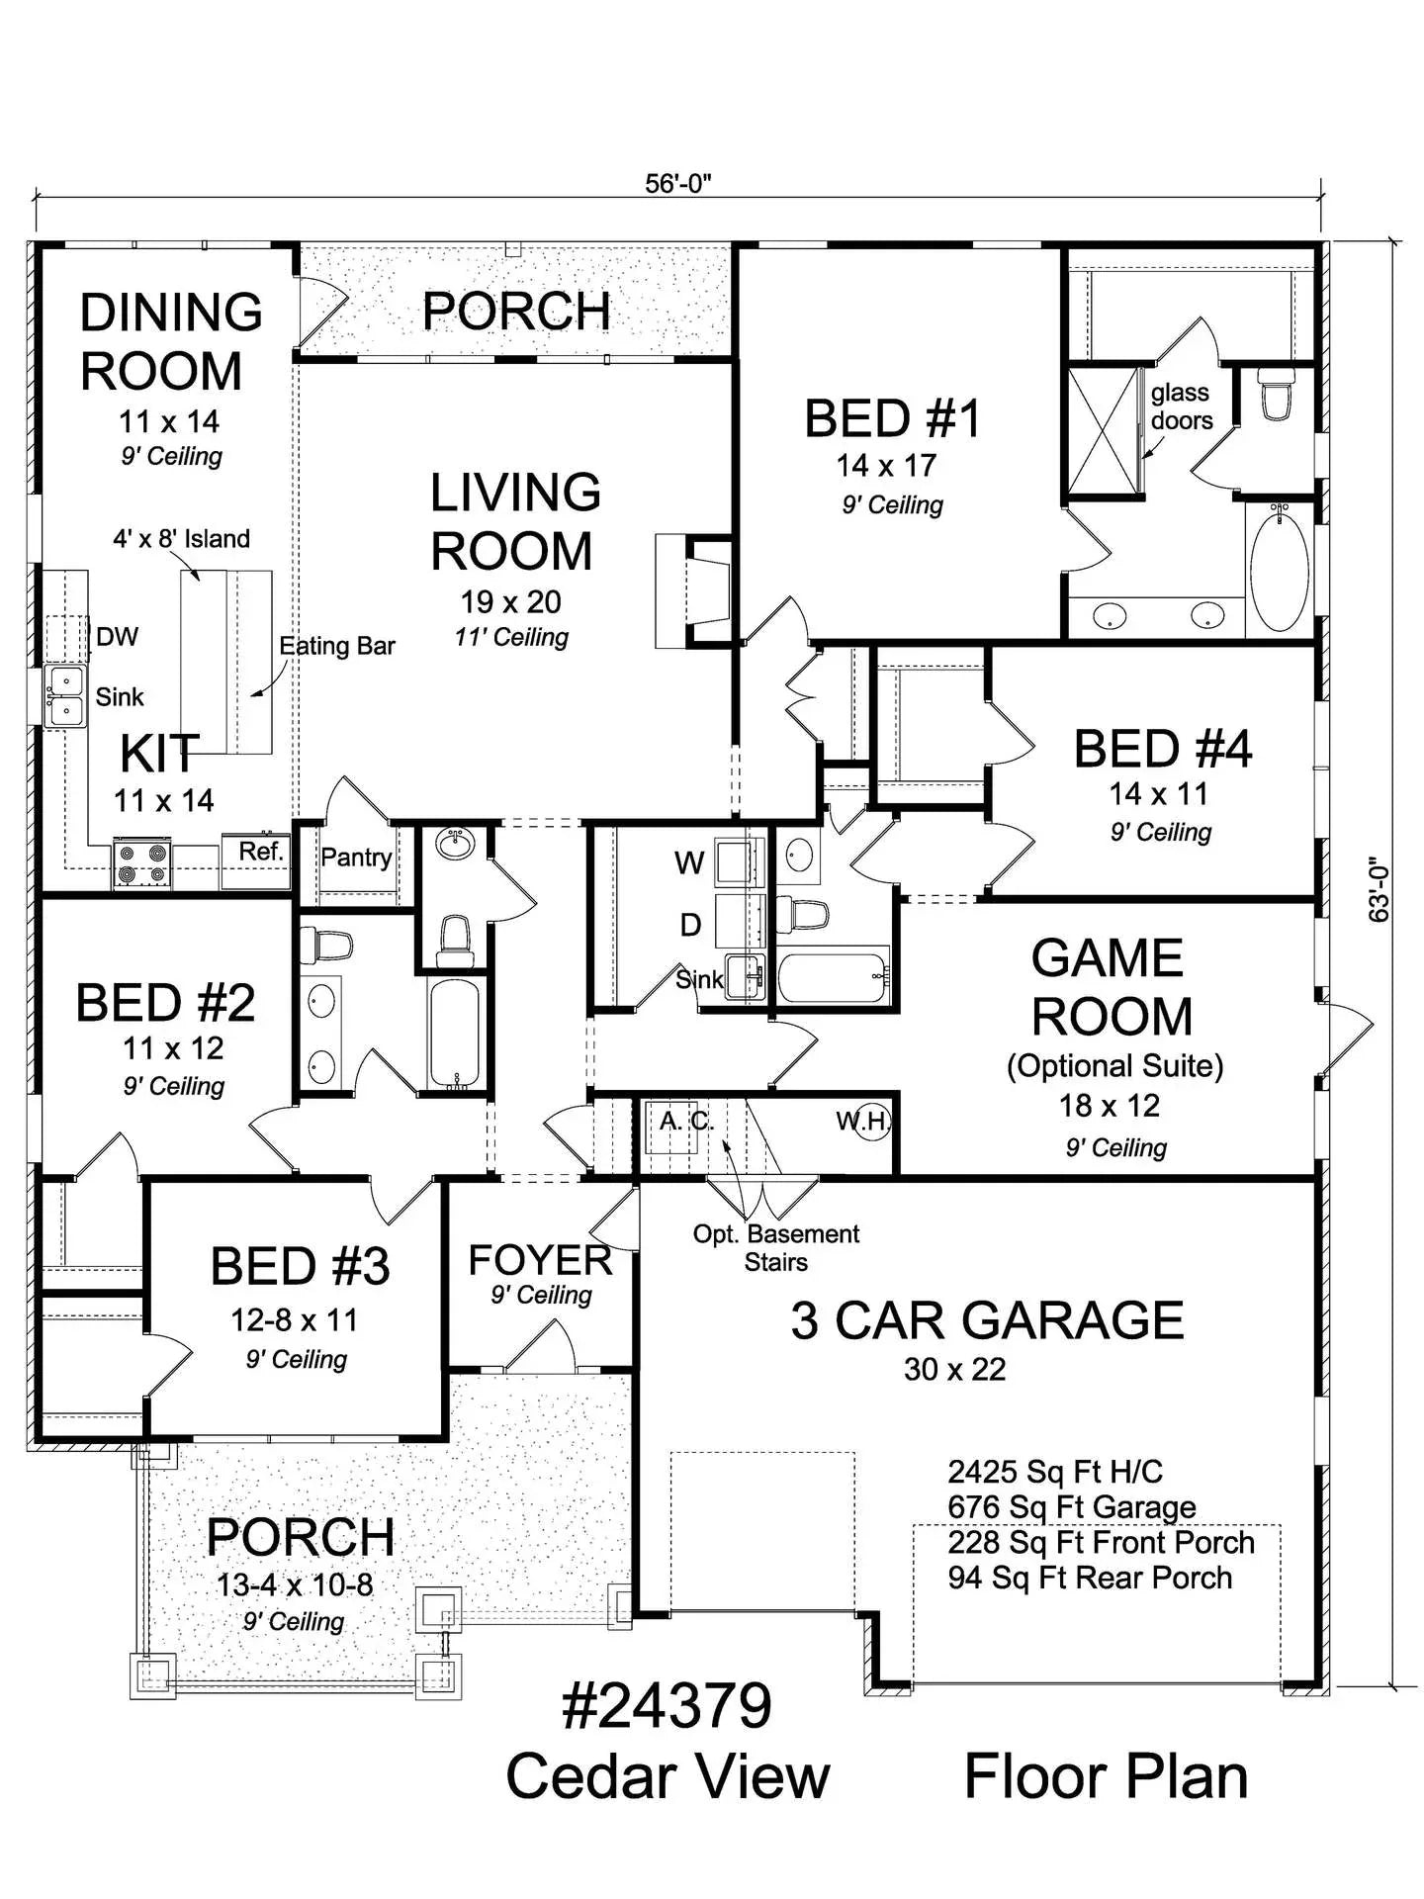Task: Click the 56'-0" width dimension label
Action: click(x=678, y=185)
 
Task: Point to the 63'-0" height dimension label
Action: click(x=1379, y=889)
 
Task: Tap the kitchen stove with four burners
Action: click(x=140, y=862)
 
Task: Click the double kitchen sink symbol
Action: click(x=65, y=696)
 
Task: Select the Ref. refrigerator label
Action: click(x=260, y=852)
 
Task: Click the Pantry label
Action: click(x=356, y=858)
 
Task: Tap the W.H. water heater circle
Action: click(x=871, y=1122)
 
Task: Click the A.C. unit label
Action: click(x=685, y=1122)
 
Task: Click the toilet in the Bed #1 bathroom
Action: click(x=1276, y=396)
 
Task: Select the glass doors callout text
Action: click(x=1181, y=407)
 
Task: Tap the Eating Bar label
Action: click(x=336, y=647)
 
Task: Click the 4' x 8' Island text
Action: click(x=181, y=539)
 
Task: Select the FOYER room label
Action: click(x=540, y=1261)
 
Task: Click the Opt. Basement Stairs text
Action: click(x=775, y=1248)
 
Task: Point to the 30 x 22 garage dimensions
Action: click(x=954, y=1370)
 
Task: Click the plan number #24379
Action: click(x=667, y=1706)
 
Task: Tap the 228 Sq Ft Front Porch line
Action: click(x=1100, y=1543)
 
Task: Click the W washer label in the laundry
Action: click(x=689, y=863)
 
